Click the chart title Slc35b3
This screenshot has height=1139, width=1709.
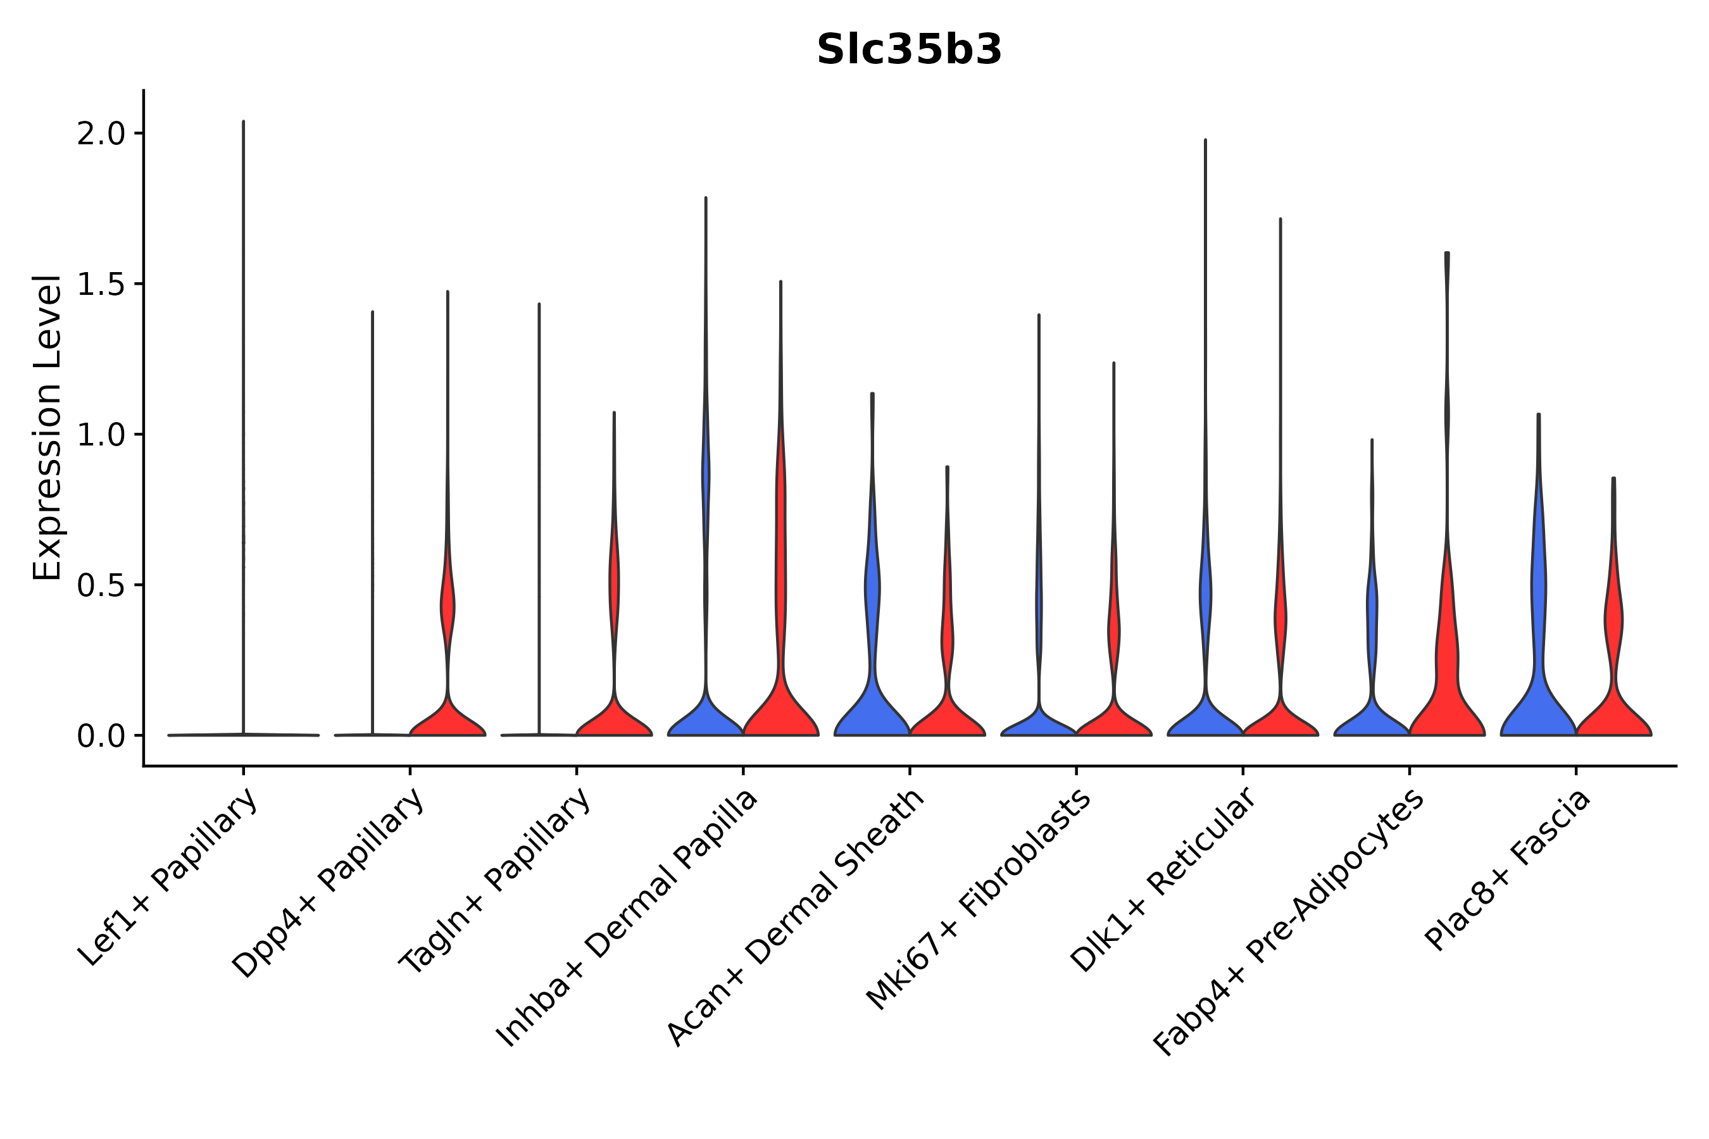pos(909,50)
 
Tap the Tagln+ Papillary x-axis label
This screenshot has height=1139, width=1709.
pos(496,883)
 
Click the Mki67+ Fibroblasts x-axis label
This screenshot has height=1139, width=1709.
pos(979,900)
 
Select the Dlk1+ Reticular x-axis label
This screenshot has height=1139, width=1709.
pos(1164,880)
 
